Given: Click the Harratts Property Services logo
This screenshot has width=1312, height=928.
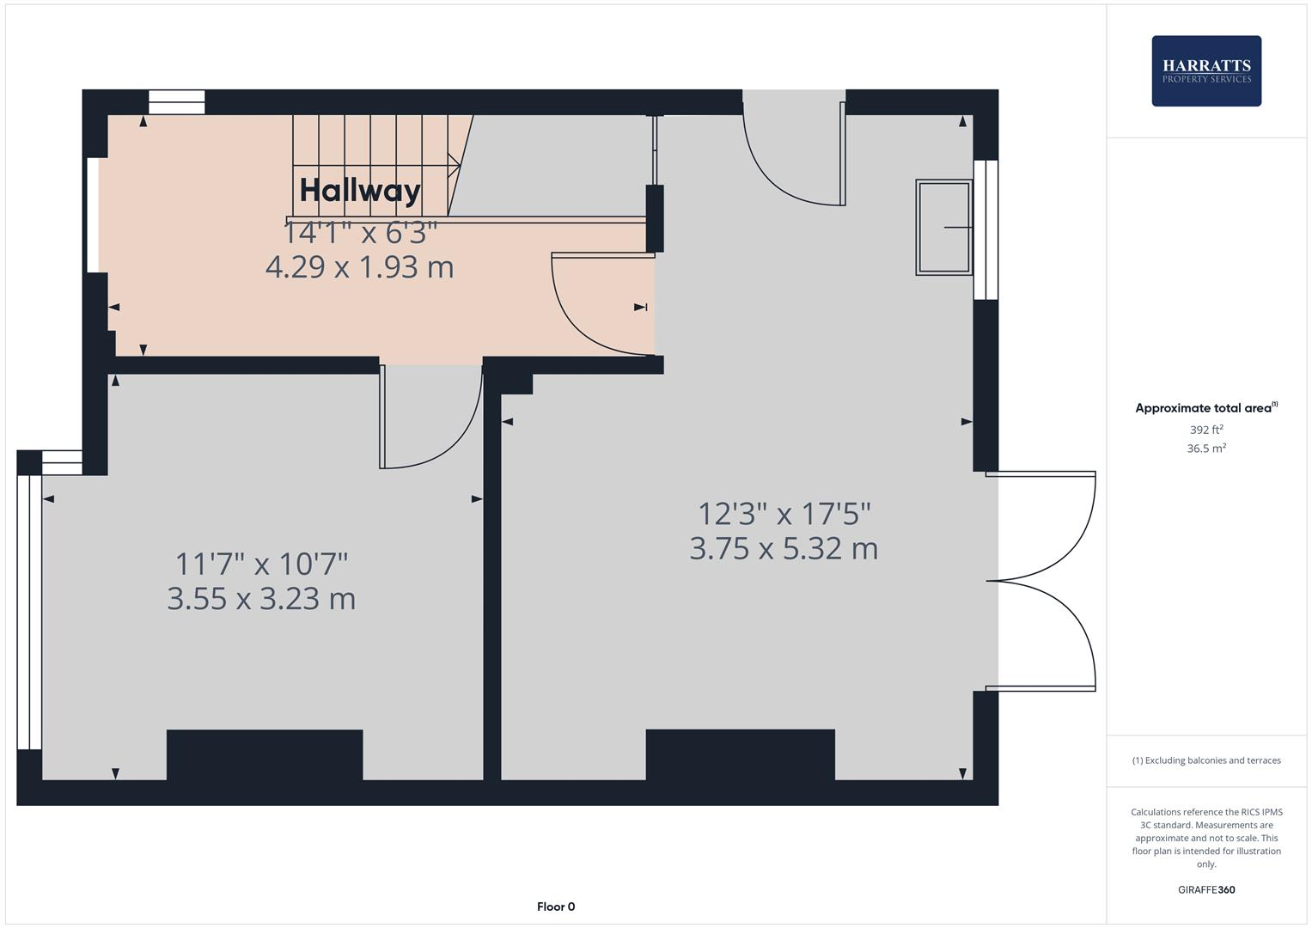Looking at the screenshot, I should (x=1205, y=70).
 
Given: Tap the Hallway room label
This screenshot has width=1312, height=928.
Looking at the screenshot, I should (x=360, y=190).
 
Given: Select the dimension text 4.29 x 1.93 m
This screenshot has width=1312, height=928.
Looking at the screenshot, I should (x=359, y=267).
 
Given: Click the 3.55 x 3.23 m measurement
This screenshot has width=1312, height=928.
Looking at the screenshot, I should (x=261, y=598).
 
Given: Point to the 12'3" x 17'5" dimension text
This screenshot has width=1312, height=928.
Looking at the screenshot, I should (x=784, y=514).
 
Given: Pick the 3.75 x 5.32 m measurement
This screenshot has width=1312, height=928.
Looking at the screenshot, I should (x=784, y=548).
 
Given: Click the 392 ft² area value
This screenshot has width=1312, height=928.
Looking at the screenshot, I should (x=1205, y=430).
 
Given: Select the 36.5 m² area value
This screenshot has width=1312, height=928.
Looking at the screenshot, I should (x=1205, y=449).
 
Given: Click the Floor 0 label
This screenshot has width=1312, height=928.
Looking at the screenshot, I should (x=556, y=907).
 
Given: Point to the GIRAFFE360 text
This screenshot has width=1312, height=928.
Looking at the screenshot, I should (x=1205, y=890).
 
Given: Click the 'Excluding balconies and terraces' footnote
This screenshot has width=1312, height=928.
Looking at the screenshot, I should (x=1205, y=760).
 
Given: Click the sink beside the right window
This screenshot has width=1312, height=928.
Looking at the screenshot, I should (x=943, y=227).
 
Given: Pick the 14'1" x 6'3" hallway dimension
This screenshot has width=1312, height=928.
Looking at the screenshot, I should (x=360, y=232).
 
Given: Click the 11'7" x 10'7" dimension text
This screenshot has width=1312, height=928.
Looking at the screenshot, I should (x=261, y=565).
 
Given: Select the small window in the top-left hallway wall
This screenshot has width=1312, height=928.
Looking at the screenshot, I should (x=177, y=102).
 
